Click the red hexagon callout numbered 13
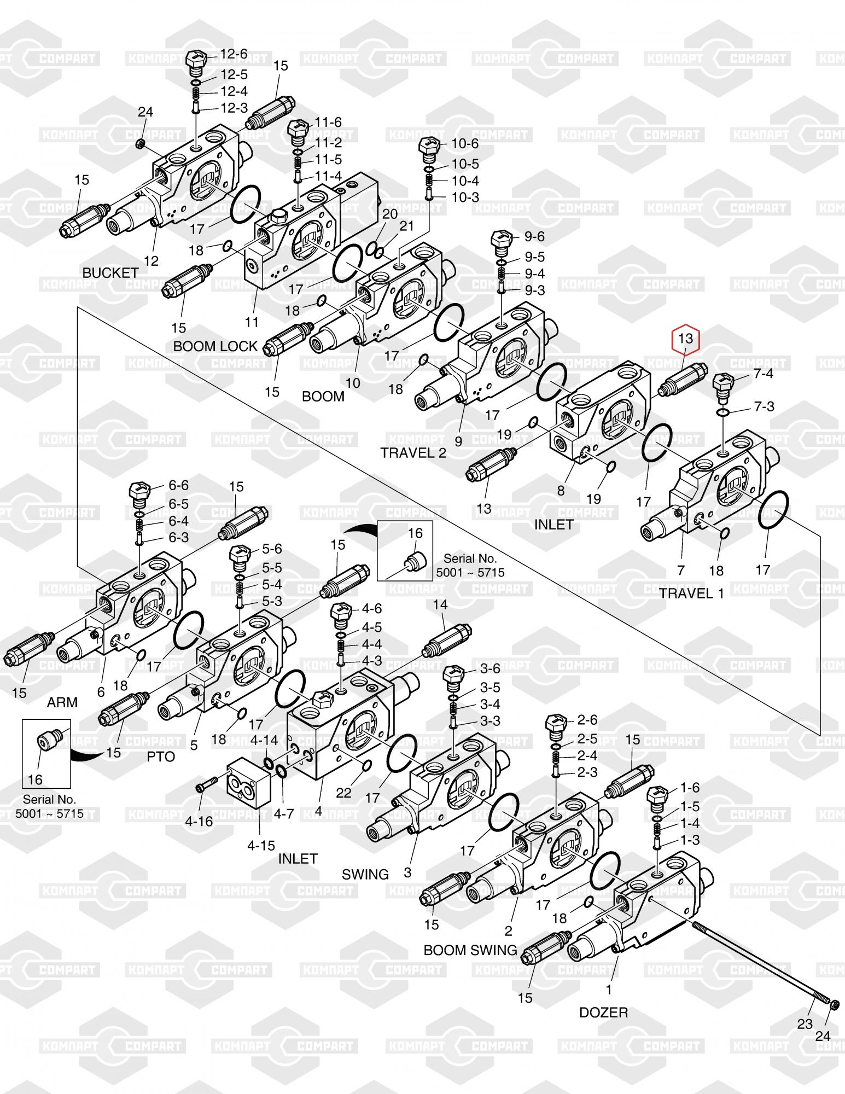tap(685, 339)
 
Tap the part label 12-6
tap(234, 54)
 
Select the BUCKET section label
tap(110, 272)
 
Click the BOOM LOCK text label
tap(215, 346)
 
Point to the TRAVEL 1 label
tap(691, 593)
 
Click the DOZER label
tap(604, 1012)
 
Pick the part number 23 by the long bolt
tap(805, 1023)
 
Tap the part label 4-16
tap(199, 821)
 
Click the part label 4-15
tap(261, 845)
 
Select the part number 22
tap(343, 793)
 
